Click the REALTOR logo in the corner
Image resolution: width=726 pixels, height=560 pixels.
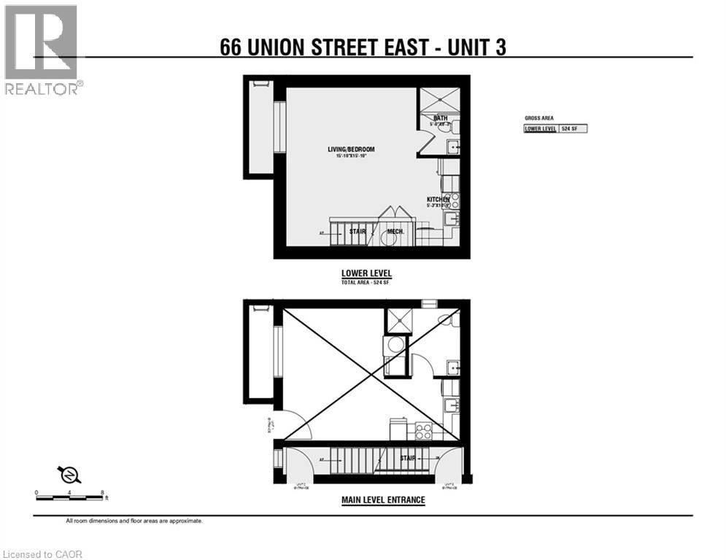tap(42, 50)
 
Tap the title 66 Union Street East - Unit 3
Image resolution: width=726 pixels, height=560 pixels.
tap(363, 47)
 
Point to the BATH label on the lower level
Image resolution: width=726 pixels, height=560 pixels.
tap(441, 118)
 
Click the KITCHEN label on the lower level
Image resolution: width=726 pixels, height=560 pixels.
tap(439, 199)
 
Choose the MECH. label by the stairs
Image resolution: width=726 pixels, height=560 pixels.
tap(396, 232)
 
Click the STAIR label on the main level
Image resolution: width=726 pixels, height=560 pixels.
tap(408, 458)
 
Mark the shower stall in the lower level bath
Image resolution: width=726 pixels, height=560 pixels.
tap(440, 100)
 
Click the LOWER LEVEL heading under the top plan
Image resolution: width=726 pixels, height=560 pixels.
tap(366, 273)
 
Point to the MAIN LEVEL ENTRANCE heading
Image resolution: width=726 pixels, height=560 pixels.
tap(383, 500)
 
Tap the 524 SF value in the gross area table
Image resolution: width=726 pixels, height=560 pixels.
tap(573, 129)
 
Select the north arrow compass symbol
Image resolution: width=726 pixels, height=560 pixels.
tap(70, 475)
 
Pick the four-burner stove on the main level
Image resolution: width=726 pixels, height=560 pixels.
tap(424, 430)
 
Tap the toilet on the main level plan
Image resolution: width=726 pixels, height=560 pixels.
tap(447, 319)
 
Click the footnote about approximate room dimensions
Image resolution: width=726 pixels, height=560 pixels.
tap(134, 521)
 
